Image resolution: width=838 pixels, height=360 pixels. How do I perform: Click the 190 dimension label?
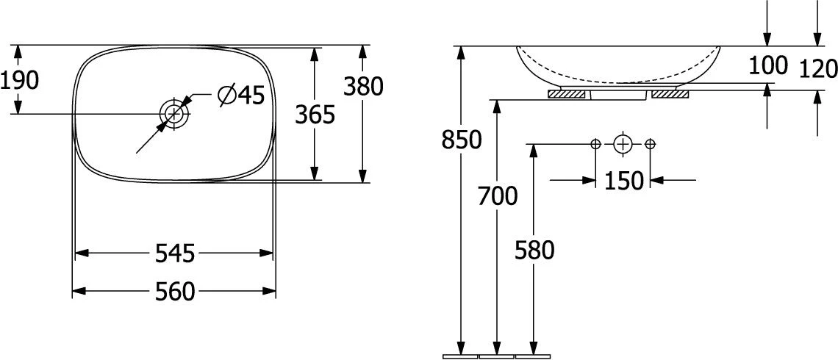pos(20,81)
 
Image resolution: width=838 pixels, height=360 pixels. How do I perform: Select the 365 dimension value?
pos(315,115)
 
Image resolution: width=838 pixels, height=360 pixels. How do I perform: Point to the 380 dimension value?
pos(363,87)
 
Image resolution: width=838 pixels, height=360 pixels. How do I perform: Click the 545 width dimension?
pos(174,253)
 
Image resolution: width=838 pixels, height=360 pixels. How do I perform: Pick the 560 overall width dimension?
pos(174,292)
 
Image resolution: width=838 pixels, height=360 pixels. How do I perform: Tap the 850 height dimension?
pos(462,140)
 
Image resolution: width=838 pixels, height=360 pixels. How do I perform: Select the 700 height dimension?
pos(498,197)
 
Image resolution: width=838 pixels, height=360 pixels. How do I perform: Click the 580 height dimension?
pos(534,250)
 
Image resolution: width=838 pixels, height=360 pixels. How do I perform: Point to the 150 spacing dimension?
pos(623,181)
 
